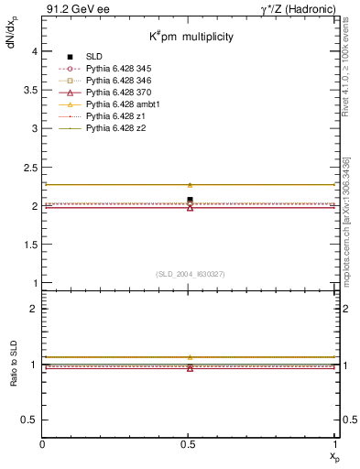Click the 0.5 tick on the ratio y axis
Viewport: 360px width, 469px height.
30,420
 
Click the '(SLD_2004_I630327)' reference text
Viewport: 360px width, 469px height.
190,274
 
